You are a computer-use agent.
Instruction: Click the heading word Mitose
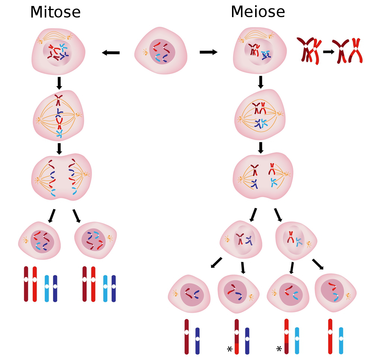tap(56, 12)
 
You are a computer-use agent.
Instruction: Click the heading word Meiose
tap(258, 12)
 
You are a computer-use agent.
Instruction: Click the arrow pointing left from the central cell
tap(111, 53)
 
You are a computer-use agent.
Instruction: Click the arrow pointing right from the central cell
tap(209, 52)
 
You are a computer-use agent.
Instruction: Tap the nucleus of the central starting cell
tap(162, 51)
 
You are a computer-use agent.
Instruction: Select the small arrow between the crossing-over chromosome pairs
tap(329, 51)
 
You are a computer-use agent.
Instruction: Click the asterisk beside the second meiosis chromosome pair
tap(229, 349)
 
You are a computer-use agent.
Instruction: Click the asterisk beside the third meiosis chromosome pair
tap(279, 349)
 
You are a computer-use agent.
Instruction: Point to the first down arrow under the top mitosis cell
tap(59, 83)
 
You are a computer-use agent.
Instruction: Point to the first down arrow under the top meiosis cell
tap(261, 82)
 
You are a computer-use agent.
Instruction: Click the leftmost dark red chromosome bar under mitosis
tap(26, 284)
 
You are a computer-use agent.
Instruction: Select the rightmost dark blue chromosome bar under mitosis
tap(114, 288)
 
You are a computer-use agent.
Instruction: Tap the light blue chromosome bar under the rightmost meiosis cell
tap(341, 341)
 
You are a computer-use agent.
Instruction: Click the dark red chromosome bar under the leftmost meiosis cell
tap(186, 337)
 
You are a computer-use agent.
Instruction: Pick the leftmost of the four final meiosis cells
tap(189, 294)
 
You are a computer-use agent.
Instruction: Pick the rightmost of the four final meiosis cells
tap(336, 293)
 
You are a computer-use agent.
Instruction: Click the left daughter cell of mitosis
tap(40, 240)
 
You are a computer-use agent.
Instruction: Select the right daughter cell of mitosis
tap(95, 240)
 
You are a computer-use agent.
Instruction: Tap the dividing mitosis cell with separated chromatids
tap(62, 177)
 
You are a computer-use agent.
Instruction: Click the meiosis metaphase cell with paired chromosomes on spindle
tap(260, 114)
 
